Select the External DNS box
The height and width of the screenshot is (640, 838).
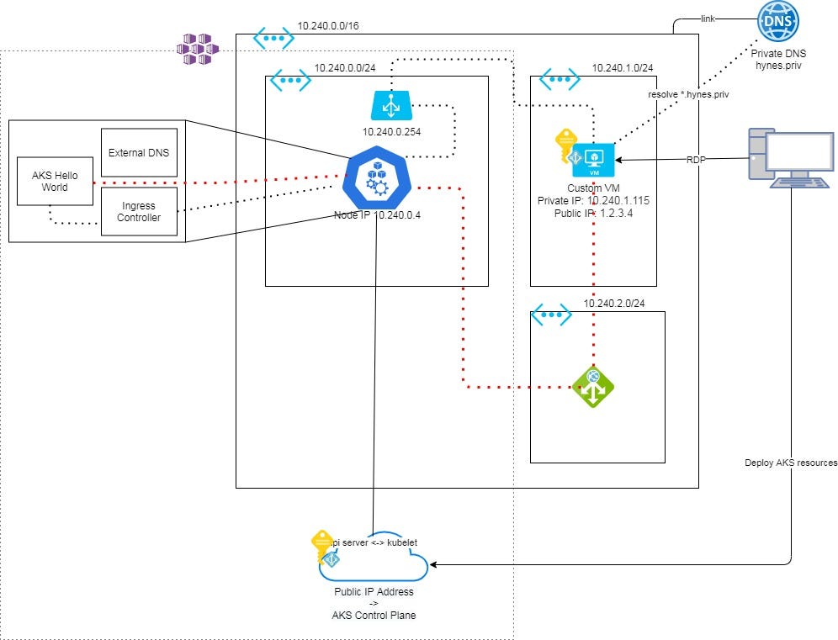pos(139,152)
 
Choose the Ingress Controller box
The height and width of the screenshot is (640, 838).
pos(139,211)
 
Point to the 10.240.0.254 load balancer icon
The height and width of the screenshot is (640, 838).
pos(390,107)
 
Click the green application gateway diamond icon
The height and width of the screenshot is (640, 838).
pos(593,387)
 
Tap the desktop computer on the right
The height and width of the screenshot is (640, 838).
pos(788,157)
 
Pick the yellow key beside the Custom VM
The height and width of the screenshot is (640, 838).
pos(563,145)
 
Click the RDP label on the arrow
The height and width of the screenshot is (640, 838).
pos(695,158)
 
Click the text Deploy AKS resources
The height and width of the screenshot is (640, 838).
pos(790,463)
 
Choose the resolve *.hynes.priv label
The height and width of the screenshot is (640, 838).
pos(688,95)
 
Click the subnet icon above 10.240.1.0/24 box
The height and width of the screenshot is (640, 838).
pos(560,80)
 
